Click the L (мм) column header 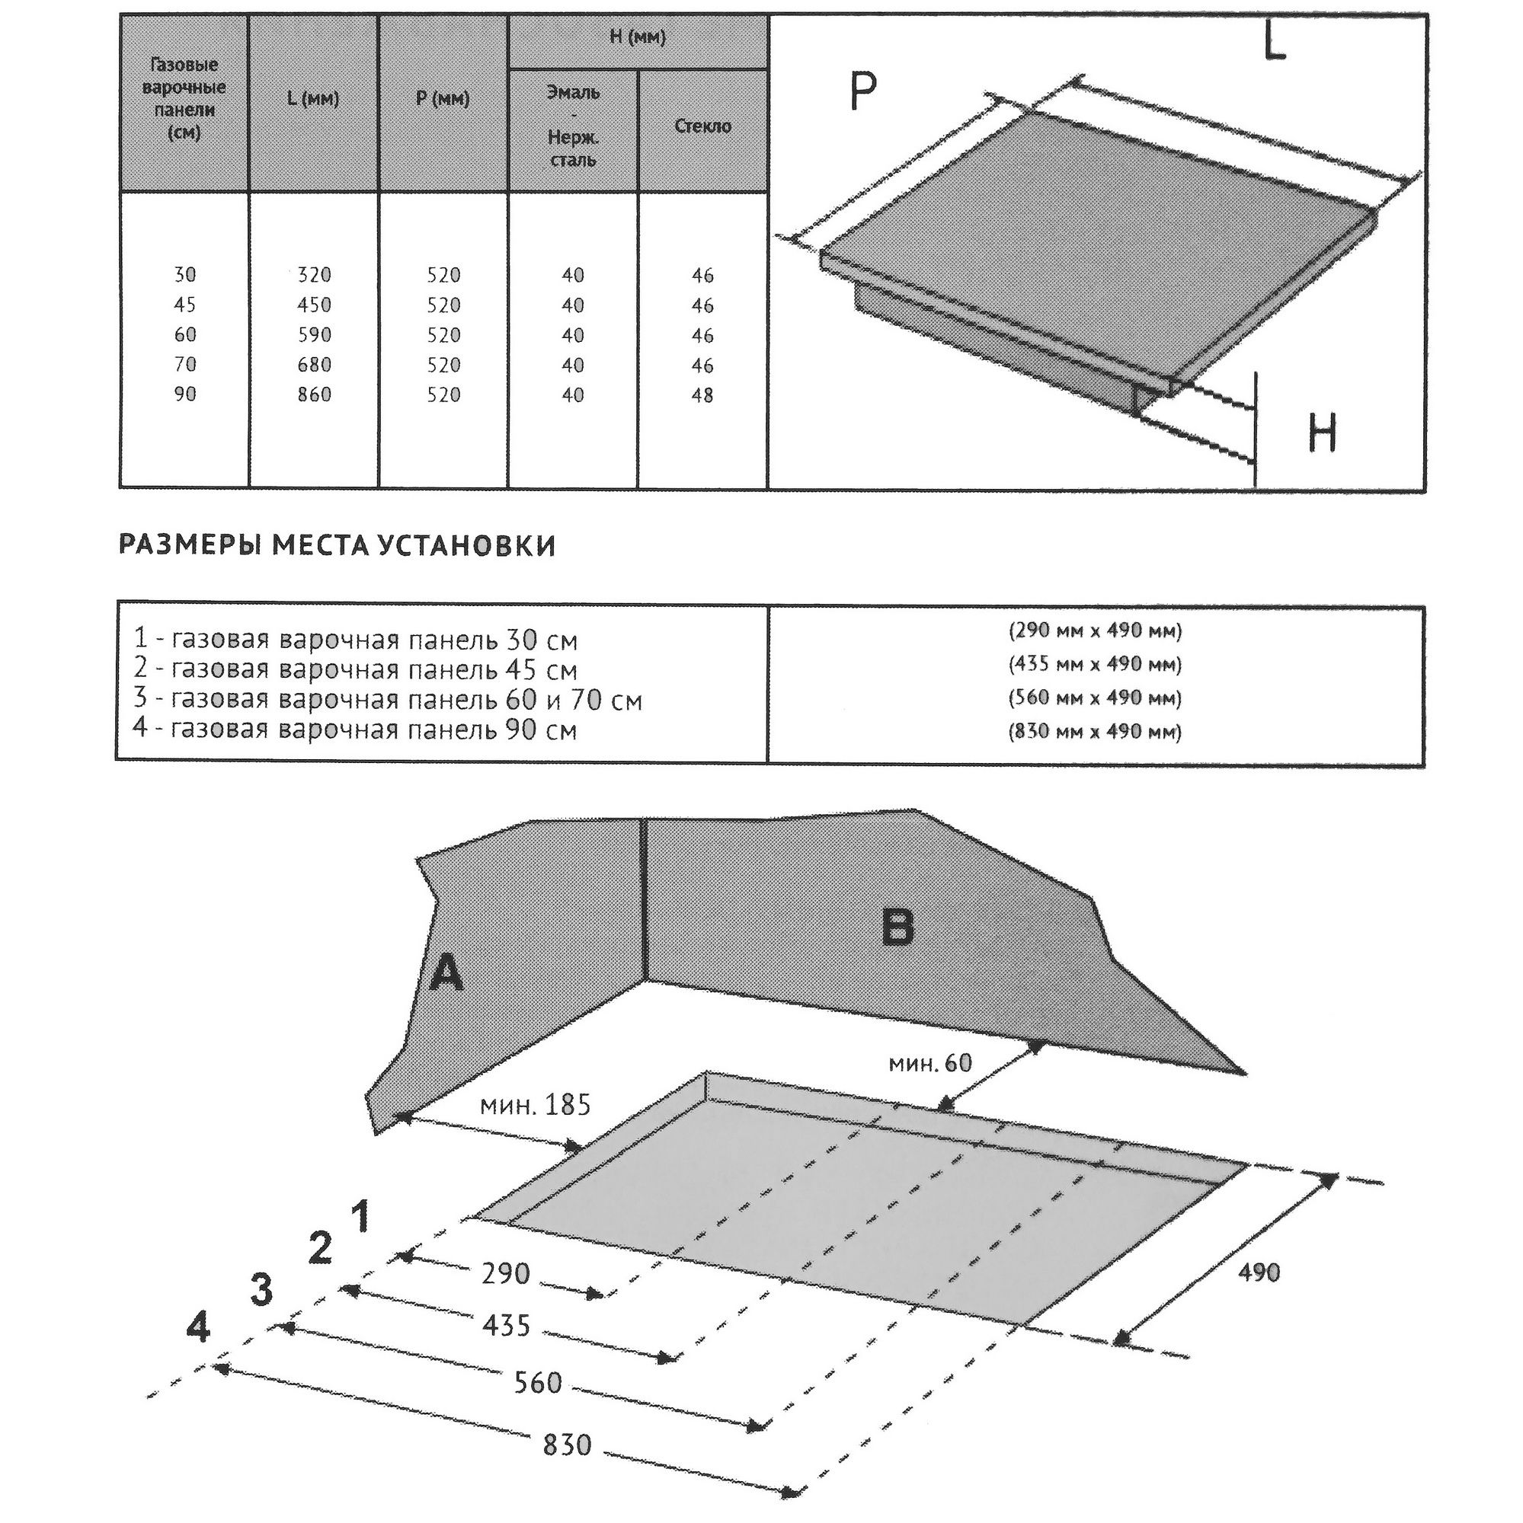[x=313, y=98]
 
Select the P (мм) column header [x=443, y=98]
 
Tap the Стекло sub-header [x=702, y=126]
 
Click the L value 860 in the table [x=314, y=394]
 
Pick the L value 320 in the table [x=314, y=274]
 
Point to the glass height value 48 [x=702, y=395]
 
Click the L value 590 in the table [x=314, y=334]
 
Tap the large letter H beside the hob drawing [x=1322, y=433]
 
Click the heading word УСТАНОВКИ [x=466, y=545]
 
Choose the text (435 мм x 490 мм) [x=1095, y=664]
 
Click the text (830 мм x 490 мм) [x=1095, y=731]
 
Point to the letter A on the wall [x=446, y=973]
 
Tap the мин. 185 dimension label [x=535, y=1104]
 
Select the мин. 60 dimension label [x=930, y=1062]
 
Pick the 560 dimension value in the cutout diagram [x=537, y=1382]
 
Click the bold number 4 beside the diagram [x=198, y=1327]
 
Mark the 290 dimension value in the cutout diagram [x=506, y=1272]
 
